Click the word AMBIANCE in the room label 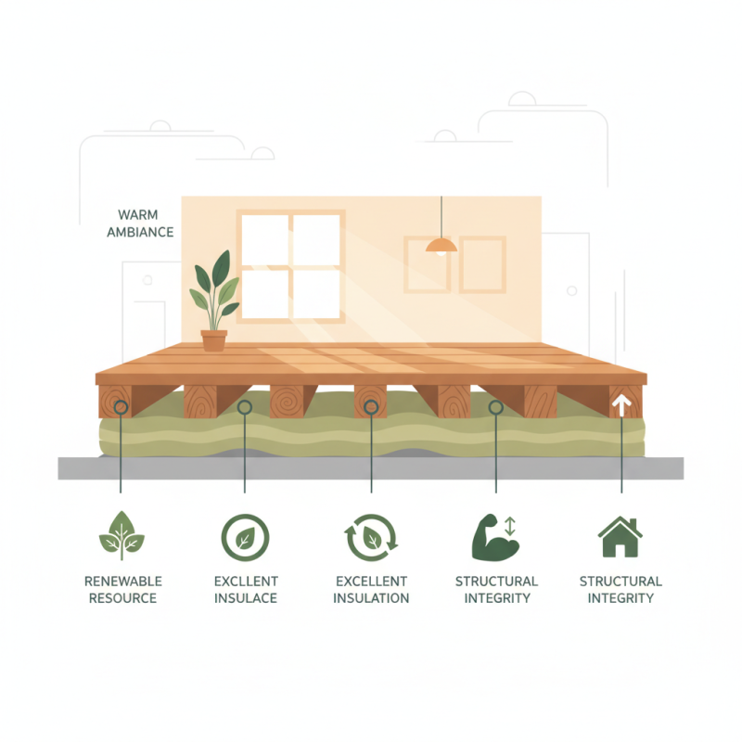pos(140,232)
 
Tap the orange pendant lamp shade pos(441,245)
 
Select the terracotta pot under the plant pos(214,340)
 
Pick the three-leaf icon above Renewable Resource pos(122,536)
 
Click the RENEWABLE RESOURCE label pos(122,590)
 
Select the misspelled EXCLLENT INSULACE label pos(246,590)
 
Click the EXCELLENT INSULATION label pos(371,590)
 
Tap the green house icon pos(620,537)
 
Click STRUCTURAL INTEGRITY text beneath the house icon pos(620,590)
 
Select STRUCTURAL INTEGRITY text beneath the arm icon pos(496,590)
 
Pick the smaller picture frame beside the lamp pos(427,264)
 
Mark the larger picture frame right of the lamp pos(482,264)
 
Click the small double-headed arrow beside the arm pos(509,526)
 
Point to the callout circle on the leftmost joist pos(119,406)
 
